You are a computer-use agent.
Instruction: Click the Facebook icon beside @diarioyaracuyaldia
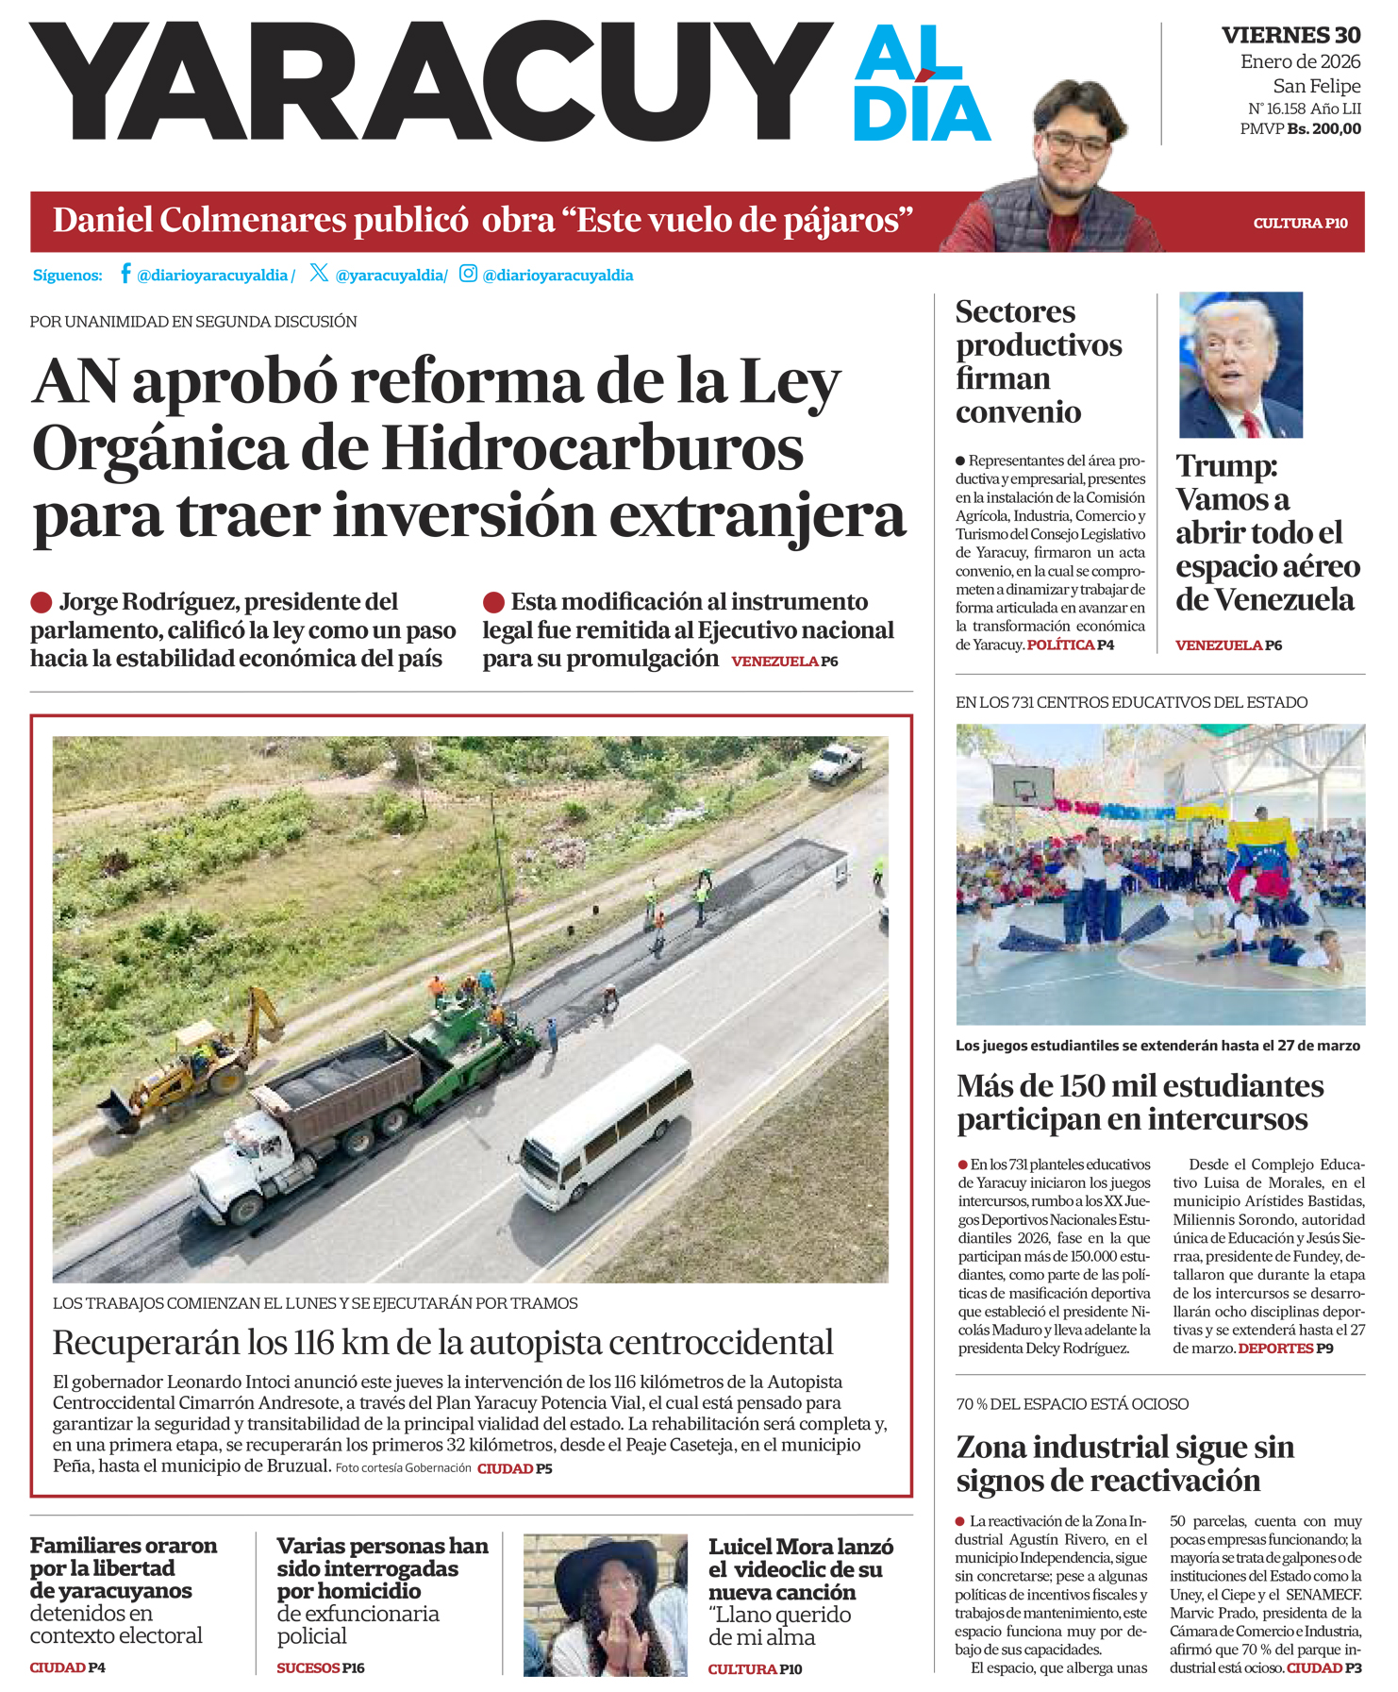[125, 274]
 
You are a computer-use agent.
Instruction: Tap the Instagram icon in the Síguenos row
[468, 274]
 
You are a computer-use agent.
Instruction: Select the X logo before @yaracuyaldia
[319, 273]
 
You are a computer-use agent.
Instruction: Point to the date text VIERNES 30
[1290, 36]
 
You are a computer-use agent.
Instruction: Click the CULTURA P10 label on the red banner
[1300, 224]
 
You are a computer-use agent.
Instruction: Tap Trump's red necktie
[1251, 424]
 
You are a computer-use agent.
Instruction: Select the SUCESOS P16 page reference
[320, 1667]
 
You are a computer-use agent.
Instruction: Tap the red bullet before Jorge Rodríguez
[42, 602]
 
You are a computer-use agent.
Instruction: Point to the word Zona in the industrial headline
[998, 1446]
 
